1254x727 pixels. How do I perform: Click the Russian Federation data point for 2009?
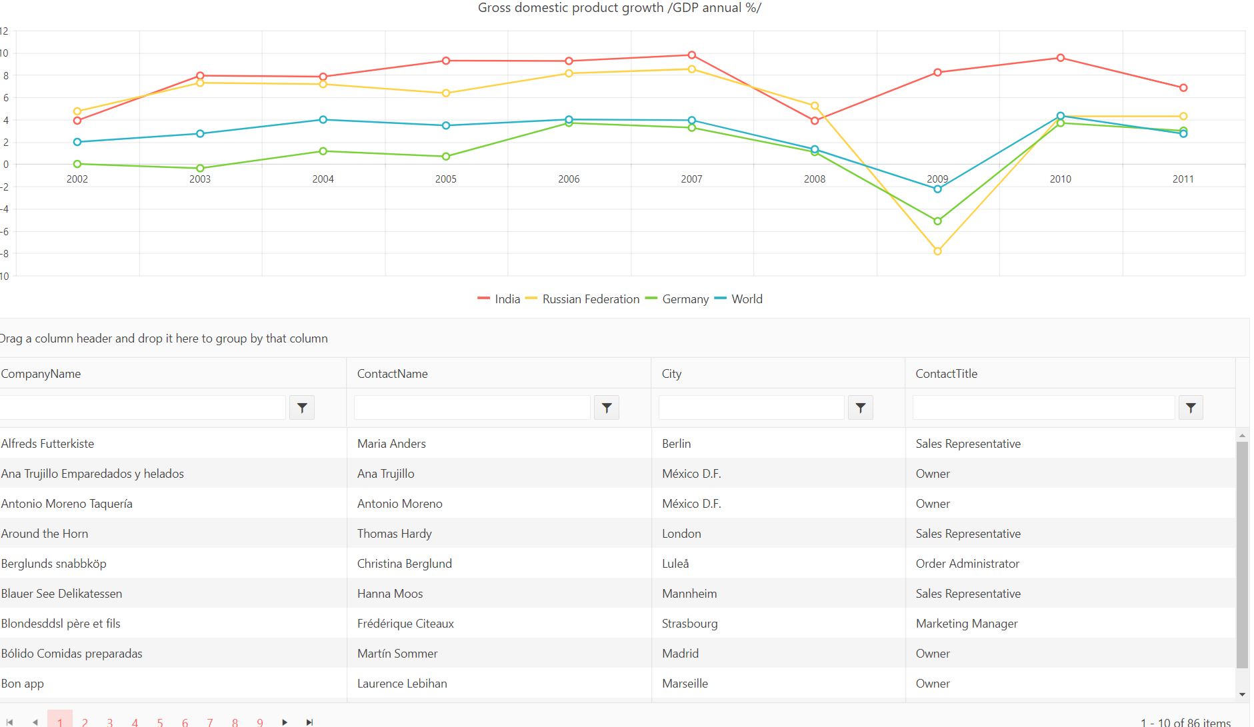(937, 251)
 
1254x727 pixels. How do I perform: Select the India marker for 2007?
(691, 55)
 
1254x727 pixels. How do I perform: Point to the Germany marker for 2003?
(200, 168)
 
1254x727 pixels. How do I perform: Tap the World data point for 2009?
(937, 189)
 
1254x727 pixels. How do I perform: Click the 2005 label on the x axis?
(446, 179)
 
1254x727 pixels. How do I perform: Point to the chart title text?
(619, 8)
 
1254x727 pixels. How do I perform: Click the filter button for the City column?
(860, 408)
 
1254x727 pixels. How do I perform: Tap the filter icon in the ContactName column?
(606, 408)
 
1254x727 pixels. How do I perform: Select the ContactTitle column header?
(946, 374)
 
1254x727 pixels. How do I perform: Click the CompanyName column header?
(41, 374)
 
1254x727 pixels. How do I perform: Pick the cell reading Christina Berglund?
(405, 564)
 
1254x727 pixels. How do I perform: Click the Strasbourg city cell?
(689, 624)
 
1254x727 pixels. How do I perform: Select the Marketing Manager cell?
(966, 624)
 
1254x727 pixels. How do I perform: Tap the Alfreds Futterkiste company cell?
(48, 444)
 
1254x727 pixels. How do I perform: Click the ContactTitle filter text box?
(1043, 408)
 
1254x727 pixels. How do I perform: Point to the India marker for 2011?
(1183, 88)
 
